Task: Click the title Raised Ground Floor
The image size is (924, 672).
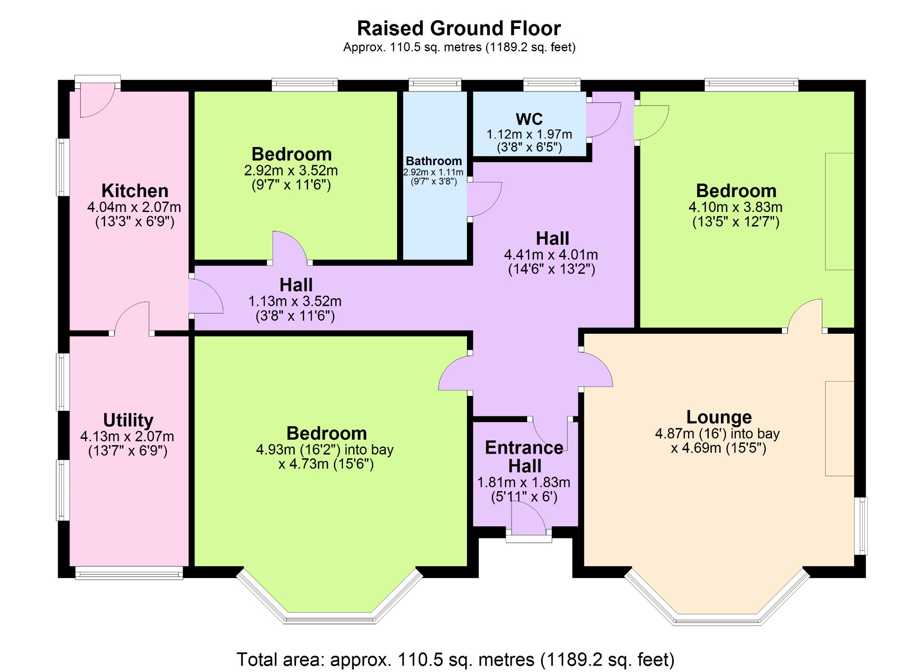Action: tap(458, 28)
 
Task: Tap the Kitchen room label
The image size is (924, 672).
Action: tap(134, 191)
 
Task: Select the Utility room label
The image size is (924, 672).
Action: tap(128, 420)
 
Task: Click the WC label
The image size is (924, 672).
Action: tap(529, 119)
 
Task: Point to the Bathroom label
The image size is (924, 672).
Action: tap(434, 161)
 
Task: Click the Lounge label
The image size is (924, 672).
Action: tap(719, 417)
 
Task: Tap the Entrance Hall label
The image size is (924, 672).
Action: tap(524, 456)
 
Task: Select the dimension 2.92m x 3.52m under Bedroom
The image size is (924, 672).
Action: tap(291, 170)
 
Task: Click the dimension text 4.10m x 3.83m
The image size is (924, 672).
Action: tap(735, 207)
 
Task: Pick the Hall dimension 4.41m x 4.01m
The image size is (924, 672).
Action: tap(551, 255)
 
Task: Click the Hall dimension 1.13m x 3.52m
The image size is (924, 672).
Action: tap(295, 301)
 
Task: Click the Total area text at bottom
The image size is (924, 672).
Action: tap(455, 659)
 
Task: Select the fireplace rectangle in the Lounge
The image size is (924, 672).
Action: tap(840, 428)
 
